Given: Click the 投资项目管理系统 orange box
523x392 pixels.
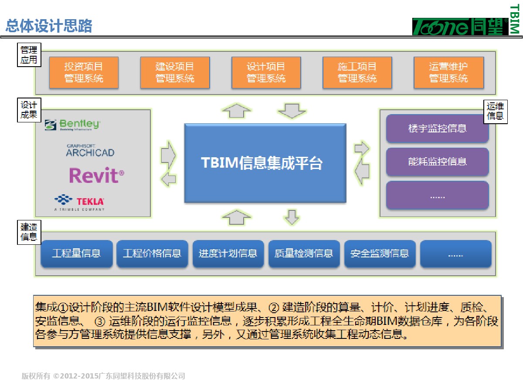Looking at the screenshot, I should point(84,73).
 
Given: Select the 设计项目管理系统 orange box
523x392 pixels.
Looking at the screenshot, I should point(266,73).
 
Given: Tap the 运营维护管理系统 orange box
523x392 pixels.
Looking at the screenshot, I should point(448,73).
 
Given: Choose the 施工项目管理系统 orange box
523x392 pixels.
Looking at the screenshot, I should point(357,73).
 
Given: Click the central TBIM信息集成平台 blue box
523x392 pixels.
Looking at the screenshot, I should point(265,163).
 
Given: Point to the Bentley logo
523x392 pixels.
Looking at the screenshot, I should point(73,125).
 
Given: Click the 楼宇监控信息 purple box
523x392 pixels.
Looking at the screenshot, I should point(437,128).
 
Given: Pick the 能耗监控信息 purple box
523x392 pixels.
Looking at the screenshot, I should point(437,162).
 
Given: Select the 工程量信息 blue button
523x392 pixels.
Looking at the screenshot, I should point(76,253).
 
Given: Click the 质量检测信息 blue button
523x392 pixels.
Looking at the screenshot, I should point(304,253).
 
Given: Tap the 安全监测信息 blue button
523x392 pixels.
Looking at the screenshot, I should point(380,253).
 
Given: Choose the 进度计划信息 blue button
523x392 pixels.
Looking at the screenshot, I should point(228,253).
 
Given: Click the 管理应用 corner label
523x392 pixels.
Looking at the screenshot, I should point(29,54).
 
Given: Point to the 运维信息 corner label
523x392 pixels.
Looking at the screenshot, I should point(496,111).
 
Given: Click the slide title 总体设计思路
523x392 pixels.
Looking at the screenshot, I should point(49,26).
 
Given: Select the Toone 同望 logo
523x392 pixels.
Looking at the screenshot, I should point(460,27).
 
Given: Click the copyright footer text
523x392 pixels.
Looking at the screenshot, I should point(103,376).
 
